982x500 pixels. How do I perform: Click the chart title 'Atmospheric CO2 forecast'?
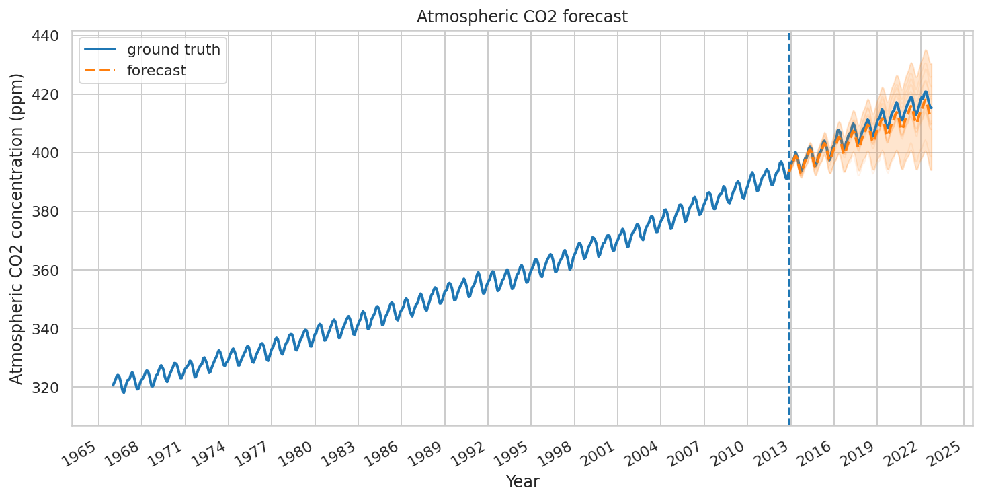click(x=522, y=17)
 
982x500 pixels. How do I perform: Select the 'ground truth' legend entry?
click(x=173, y=49)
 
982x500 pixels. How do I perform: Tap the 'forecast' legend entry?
click(x=156, y=70)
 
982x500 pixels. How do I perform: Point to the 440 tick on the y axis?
click(x=48, y=36)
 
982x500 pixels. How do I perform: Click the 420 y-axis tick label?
click(x=48, y=94)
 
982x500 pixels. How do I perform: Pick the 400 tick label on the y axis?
click(x=48, y=153)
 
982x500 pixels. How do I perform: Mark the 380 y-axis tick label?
click(x=48, y=211)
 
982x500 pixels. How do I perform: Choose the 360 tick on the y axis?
click(x=48, y=270)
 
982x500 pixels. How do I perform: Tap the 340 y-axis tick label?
click(x=48, y=328)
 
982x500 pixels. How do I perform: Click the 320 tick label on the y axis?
click(x=48, y=388)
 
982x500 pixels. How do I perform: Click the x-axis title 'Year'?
click(x=522, y=481)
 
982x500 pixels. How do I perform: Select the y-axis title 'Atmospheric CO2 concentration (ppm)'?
click(x=17, y=228)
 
